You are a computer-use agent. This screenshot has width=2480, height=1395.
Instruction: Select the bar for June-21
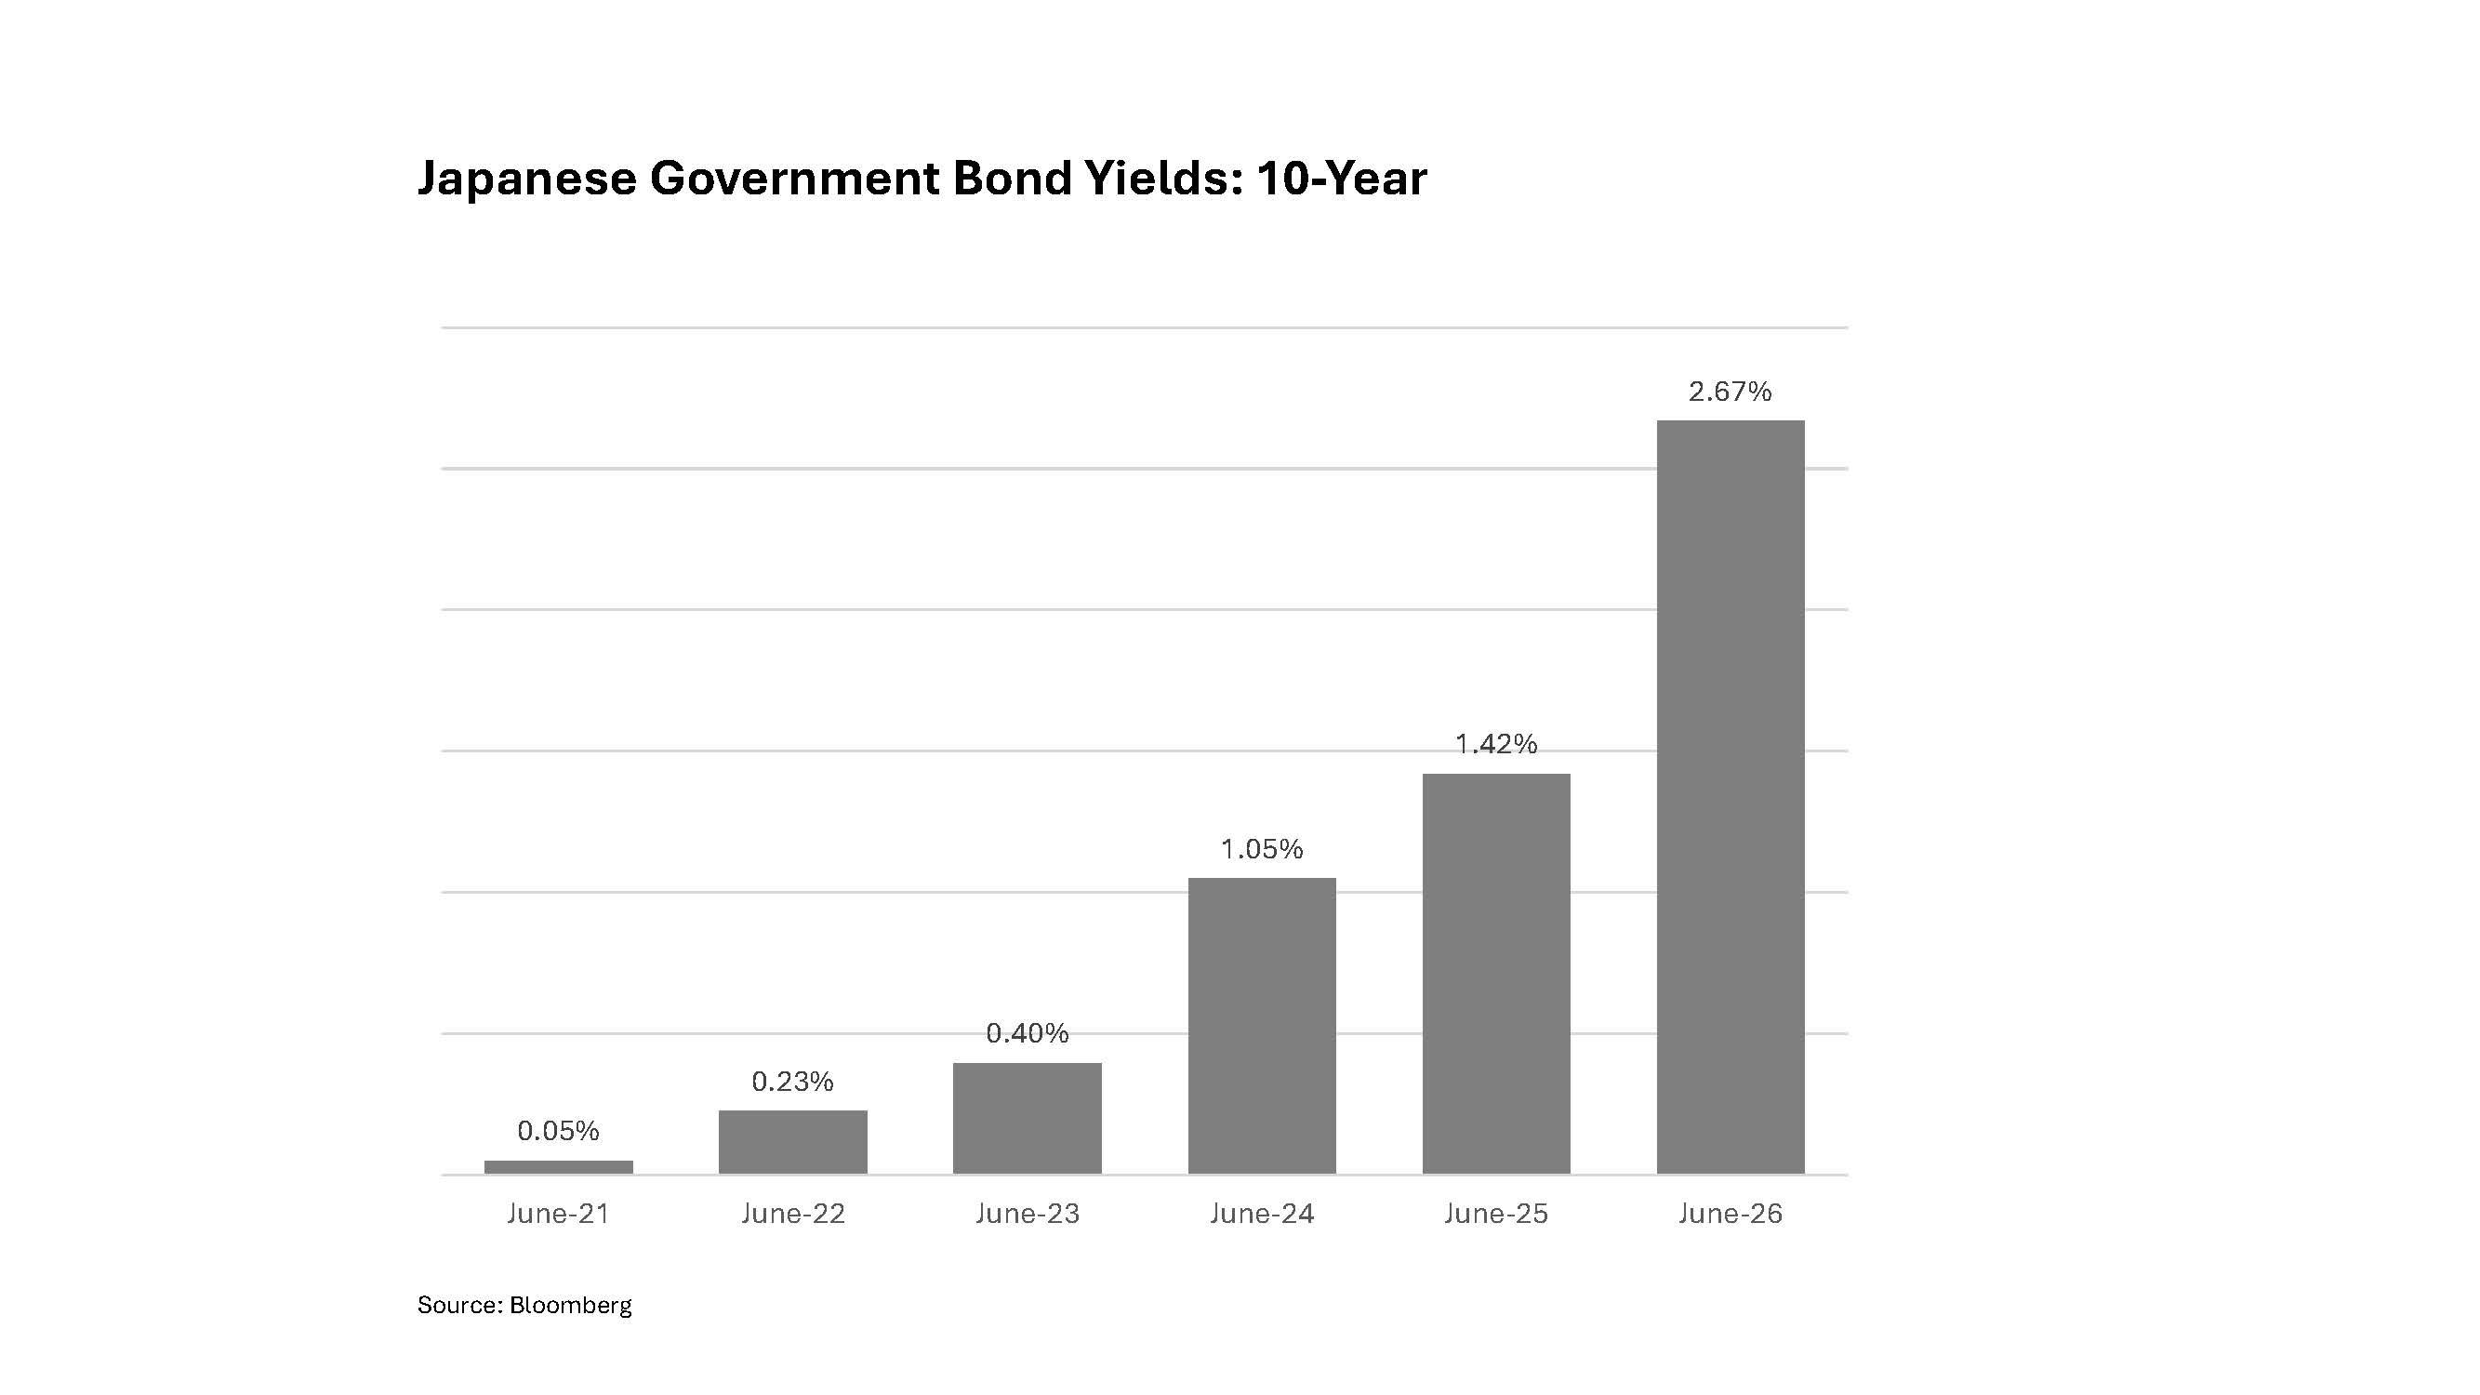pyautogui.click(x=558, y=1167)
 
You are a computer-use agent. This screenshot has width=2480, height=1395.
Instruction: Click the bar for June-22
pyautogui.click(x=792, y=1142)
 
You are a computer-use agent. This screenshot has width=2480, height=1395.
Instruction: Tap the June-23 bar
pyautogui.click(x=1028, y=1119)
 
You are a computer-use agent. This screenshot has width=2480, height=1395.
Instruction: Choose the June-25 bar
pyautogui.click(x=1496, y=975)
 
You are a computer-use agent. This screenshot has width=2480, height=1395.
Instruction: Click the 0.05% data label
pyautogui.click(x=558, y=1130)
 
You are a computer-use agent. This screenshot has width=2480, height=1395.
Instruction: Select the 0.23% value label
pyautogui.click(x=792, y=1083)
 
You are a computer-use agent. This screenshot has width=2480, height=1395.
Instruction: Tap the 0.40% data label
pyautogui.click(x=1028, y=1033)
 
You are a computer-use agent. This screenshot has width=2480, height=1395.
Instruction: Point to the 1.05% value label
pyautogui.click(x=1261, y=849)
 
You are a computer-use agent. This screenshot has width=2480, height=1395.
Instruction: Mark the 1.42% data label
pyautogui.click(x=1496, y=744)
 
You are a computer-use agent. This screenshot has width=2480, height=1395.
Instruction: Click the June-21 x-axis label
pyautogui.click(x=558, y=1214)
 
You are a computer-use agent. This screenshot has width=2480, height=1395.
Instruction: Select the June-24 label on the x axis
pyautogui.click(x=1261, y=1214)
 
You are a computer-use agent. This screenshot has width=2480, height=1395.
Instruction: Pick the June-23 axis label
pyautogui.click(x=1028, y=1214)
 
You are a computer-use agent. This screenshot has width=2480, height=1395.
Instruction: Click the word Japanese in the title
pyautogui.click(x=526, y=180)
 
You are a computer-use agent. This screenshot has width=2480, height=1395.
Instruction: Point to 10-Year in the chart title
pyautogui.click(x=1341, y=179)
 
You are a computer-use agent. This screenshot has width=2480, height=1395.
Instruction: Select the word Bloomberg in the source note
pyautogui.click(x=570, y=1306)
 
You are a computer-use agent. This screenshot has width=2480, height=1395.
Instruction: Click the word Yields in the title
pyautogui.click(x=1164, y=179)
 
